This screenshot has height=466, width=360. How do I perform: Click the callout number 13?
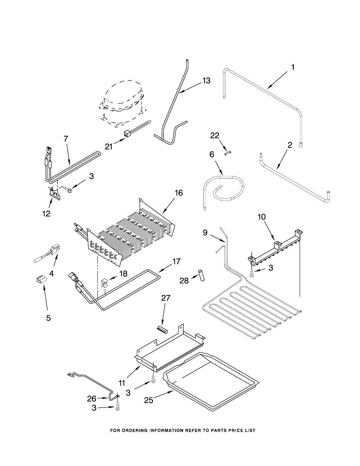[x=206, y=81]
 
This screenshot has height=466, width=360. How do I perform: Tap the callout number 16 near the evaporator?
[x=178, y=193]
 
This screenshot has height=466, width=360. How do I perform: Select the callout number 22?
[x=215, y=135]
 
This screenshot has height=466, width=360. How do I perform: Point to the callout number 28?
[x=184, y=280]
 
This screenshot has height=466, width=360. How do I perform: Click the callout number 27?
[x=166, y=298]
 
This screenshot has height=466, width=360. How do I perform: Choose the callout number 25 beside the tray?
[x=149, y=400]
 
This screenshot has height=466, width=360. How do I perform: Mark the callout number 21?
[x=109, y=147]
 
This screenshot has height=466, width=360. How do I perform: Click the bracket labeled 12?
[x=55, y=193]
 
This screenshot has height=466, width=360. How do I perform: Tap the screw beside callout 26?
[x=117, y=408]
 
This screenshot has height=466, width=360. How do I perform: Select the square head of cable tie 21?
[x=126, y=134]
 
